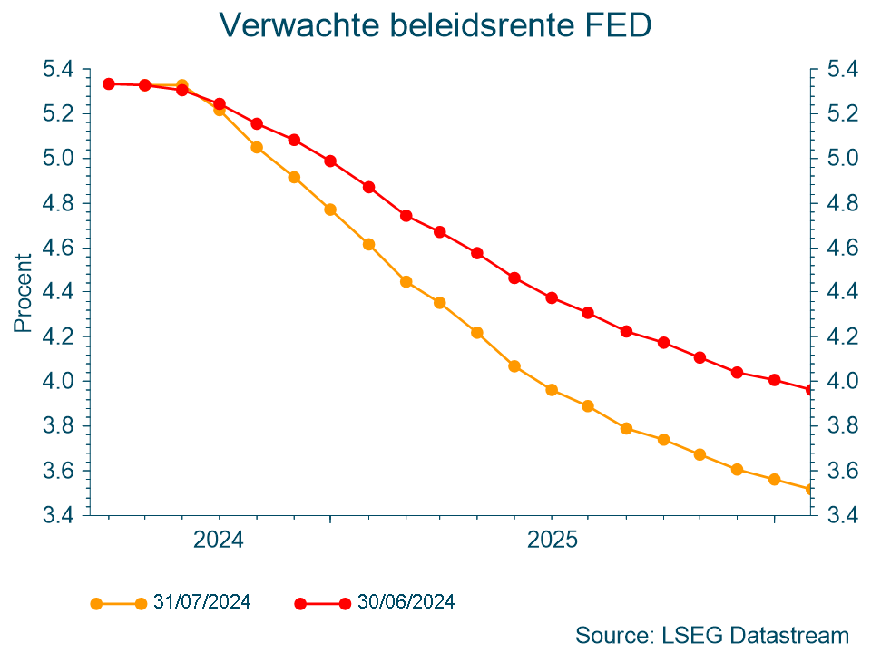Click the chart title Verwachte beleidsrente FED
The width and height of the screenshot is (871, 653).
[x=435, y=25]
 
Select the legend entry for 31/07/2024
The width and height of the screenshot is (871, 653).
[x=201, y=601]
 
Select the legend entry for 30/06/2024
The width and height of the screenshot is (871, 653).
[x=406, y=601]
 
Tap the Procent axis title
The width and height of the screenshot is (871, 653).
[x=24, y=292]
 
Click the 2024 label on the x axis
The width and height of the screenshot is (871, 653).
[x=219, y=541]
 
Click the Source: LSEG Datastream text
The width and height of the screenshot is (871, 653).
[x=712, y=634]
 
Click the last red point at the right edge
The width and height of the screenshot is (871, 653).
[x=810, y=390]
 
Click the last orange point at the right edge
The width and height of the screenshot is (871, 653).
[x=810, y=490]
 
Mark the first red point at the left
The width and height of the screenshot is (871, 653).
[x=108, y=83]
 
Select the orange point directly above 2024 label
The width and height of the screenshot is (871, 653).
[x=219, y=110]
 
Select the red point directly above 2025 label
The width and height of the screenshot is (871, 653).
[x=552, y=297]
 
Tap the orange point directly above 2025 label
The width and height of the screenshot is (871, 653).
[x=552, y=390]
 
